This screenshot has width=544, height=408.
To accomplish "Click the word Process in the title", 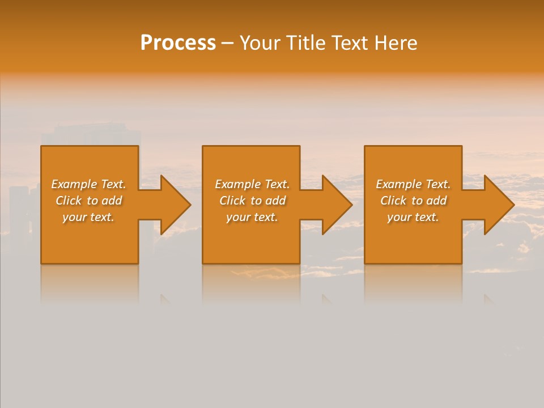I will (178, 43).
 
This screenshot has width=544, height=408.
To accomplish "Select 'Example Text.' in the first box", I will (88, 184).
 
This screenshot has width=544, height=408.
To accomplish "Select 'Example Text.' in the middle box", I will (252, 184).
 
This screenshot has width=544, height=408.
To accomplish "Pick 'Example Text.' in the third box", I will (413, 184).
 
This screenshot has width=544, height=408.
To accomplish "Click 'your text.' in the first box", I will (88, 217).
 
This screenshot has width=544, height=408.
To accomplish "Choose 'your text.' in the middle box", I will (252, 217).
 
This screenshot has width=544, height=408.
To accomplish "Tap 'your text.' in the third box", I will (413, 217).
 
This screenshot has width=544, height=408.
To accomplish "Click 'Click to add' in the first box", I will (88, 201).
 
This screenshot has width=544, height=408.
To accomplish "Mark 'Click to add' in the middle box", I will (252, 201).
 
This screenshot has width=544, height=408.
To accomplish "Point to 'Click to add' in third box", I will (413, 201).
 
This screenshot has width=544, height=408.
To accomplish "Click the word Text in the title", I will (351, 43).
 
